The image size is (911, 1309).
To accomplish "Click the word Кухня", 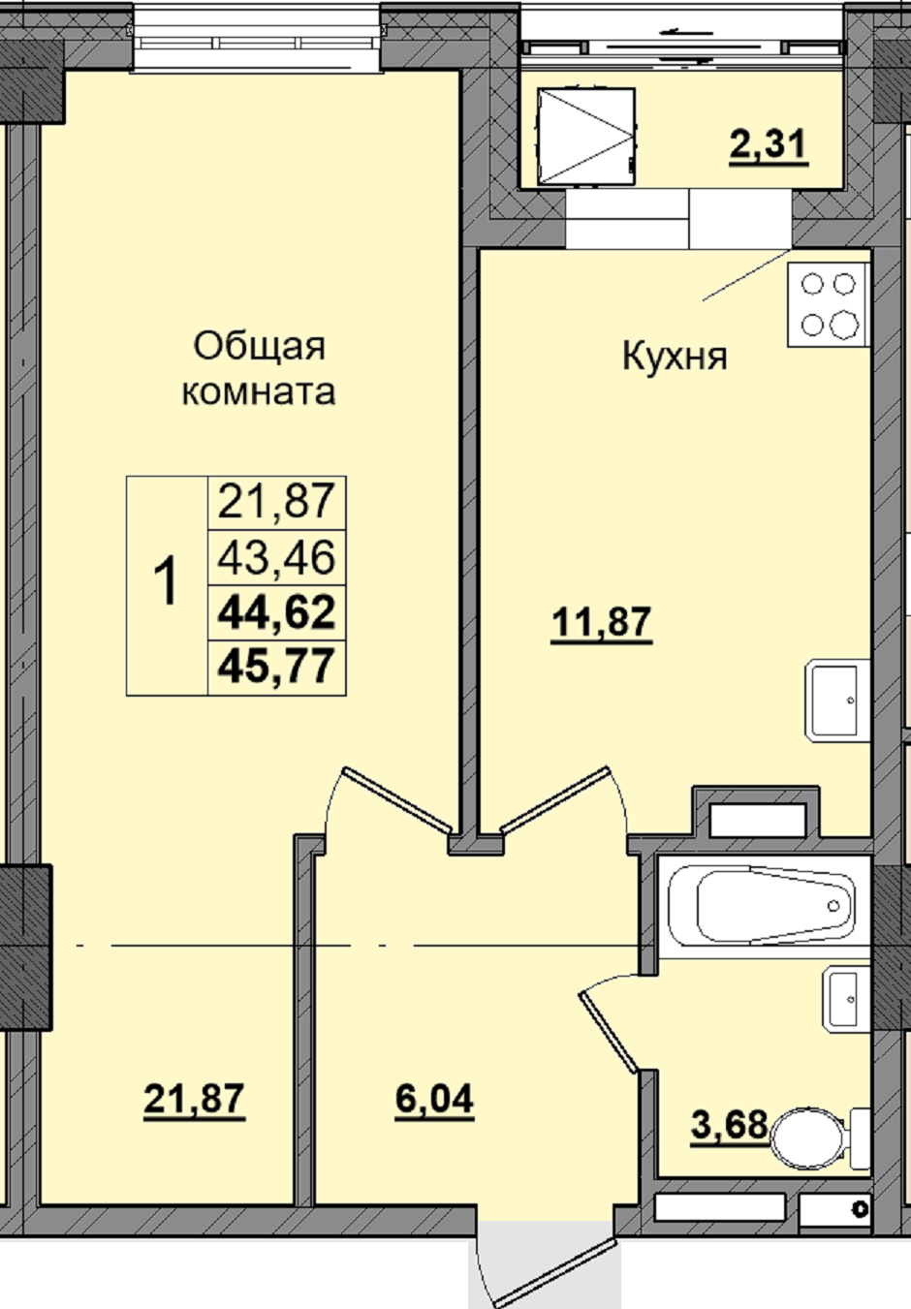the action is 675,358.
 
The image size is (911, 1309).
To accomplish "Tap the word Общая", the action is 259,347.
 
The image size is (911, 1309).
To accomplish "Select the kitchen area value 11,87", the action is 601,622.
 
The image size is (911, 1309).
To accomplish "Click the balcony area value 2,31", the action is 769,145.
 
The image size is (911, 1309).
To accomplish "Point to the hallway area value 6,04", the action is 434,1099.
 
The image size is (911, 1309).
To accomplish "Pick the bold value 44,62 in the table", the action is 276,611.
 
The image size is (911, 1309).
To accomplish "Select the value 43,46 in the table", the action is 276,557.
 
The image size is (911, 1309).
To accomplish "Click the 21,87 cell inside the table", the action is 276,502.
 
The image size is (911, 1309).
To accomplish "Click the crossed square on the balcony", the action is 586,138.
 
